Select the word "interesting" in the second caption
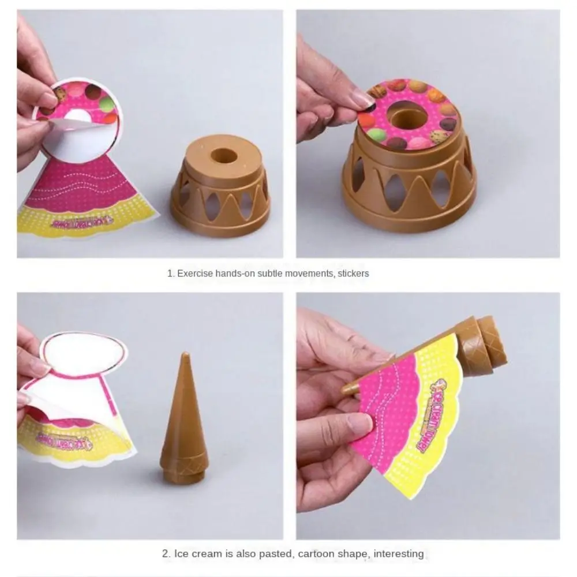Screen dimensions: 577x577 pyautogui.click(x=399, y=554)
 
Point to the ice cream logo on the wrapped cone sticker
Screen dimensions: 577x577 pyautogui.click(x=433, y=415)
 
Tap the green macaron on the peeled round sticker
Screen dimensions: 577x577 pyautogui.click(x=107, y=104)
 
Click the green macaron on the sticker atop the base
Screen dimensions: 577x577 pyautogui.click(x=376, y=135)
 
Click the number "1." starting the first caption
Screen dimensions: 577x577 pyautogui.click(x=171, y=273)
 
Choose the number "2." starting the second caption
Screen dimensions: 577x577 pyautogui.click(x=165, y=554)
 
